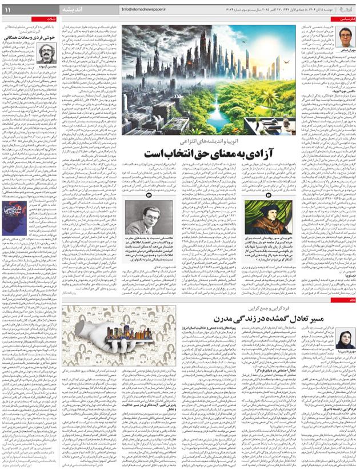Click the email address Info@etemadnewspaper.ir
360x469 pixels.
(147, 10)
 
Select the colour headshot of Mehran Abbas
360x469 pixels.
(345, 38)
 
